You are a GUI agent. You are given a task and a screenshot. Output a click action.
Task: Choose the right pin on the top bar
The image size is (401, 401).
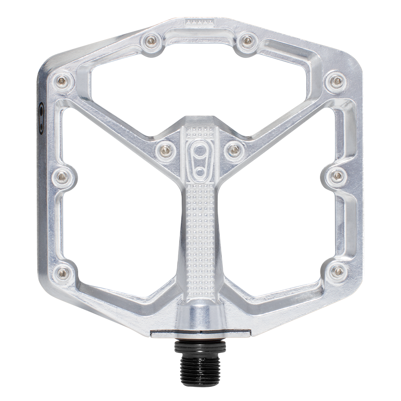click(248, 41)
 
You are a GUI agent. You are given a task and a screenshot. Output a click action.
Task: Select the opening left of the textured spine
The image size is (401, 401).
click(121, 226)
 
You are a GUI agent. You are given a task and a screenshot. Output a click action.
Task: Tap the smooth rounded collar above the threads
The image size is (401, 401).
click(200, 315)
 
